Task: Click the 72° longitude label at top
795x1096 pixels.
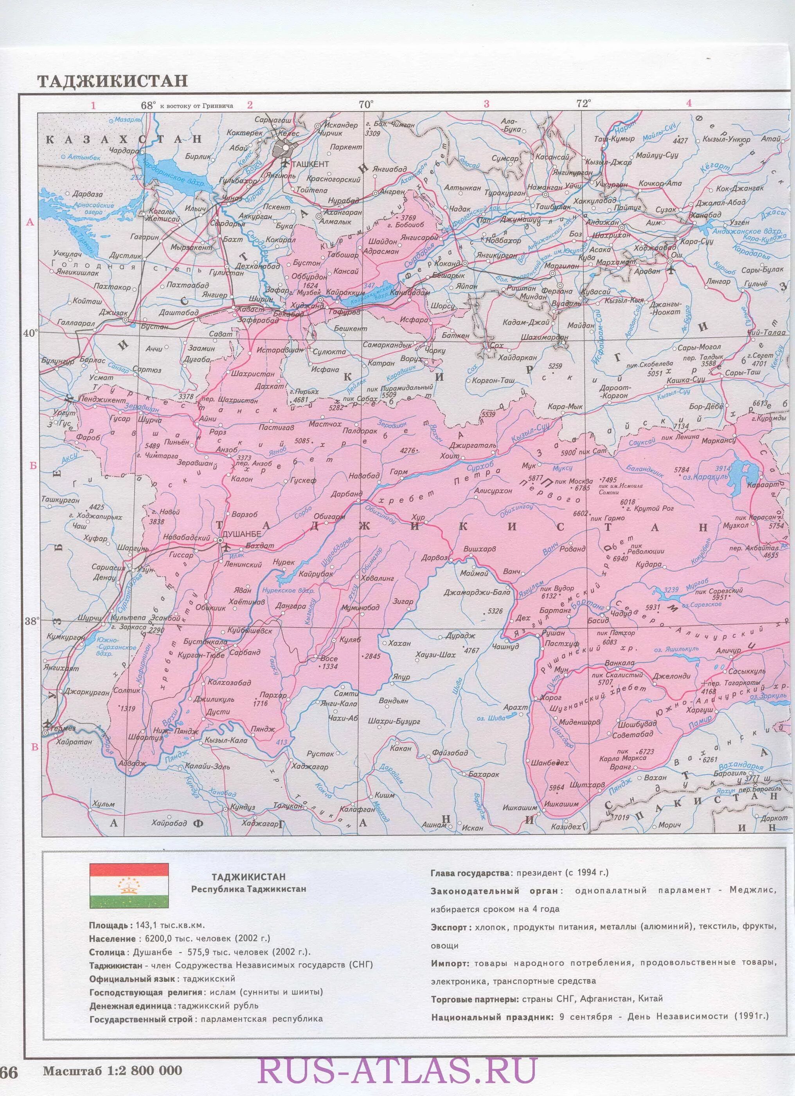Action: point(583,104)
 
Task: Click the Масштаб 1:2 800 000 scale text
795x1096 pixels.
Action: point(113,1067)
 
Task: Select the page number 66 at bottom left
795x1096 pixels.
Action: point(9,1067)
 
